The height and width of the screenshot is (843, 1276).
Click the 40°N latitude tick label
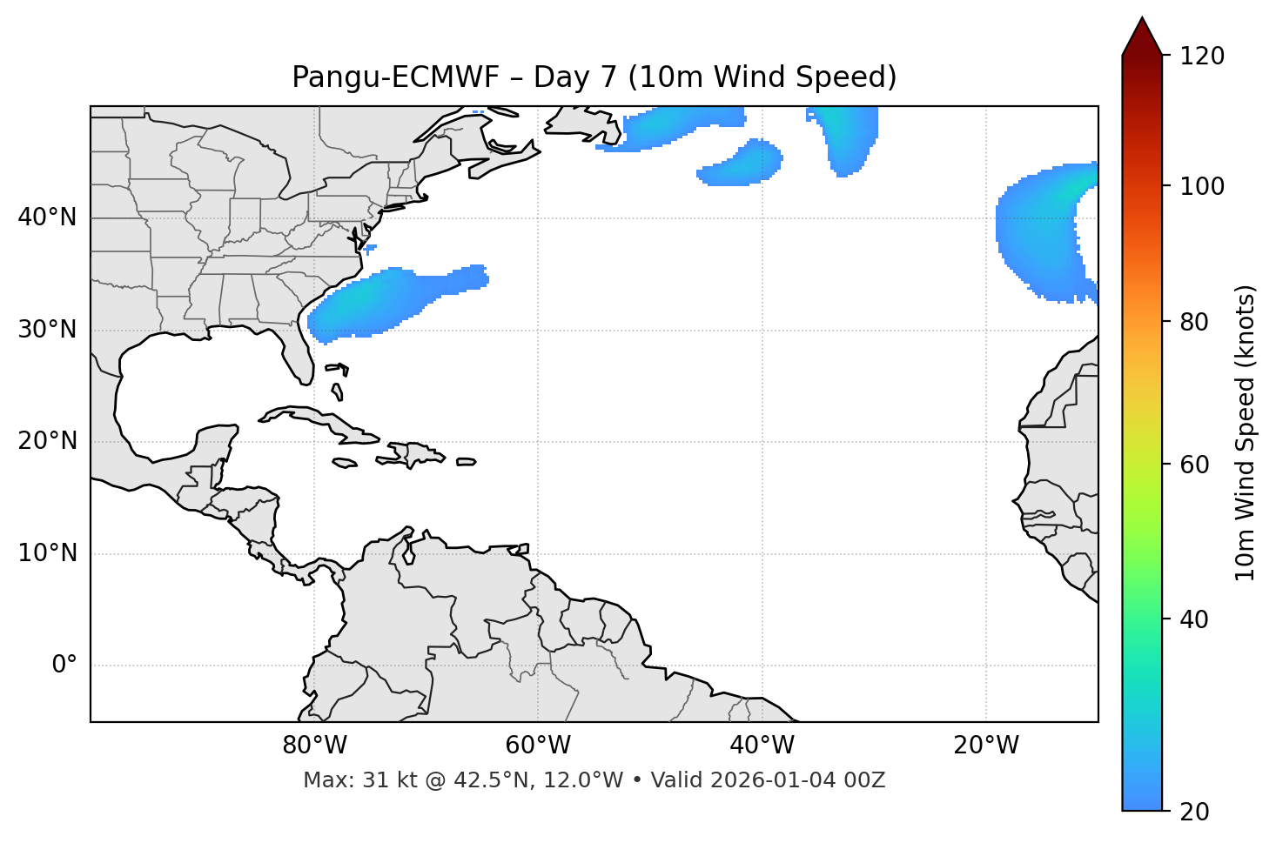47,217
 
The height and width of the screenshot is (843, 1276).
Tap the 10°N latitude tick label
47,553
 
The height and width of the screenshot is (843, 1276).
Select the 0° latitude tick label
64,666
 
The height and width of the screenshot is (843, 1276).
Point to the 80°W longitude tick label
314,746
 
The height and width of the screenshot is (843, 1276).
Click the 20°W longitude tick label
986,746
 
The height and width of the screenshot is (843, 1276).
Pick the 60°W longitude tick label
538,746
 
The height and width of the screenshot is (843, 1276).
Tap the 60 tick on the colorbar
1199,465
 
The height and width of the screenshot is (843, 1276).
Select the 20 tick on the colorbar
1199,812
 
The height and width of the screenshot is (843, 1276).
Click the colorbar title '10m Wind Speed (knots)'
1246,432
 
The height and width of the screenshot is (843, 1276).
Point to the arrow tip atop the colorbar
1142,19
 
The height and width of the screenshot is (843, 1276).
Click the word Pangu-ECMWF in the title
395,77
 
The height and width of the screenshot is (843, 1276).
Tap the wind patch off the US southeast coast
383,300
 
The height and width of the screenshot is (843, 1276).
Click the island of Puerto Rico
467,462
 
